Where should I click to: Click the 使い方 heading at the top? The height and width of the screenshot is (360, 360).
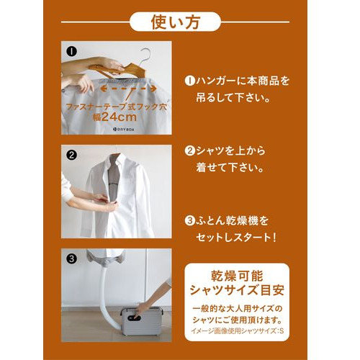click(x=175, y=22)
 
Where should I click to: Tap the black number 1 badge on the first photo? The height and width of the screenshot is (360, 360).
click(x=71, y=51)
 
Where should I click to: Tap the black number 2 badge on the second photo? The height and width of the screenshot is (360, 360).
click(x=71, y=155)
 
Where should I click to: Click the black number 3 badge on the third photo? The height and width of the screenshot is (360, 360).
click(x=71, y=258)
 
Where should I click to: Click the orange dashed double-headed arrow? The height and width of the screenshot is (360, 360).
click(x=128, y=89)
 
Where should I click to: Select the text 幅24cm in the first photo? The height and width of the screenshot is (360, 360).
click(x=114, y=117)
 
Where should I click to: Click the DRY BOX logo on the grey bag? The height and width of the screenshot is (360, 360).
click(x=123, y=129)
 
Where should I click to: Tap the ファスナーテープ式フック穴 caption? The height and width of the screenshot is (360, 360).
click(x=116, y=107)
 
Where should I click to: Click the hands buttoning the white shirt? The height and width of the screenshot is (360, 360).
click(x=108, y=202)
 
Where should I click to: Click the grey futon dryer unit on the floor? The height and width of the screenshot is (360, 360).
click(x=141, y=322)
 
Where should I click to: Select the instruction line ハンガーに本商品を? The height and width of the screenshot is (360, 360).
click(x=237, y=81)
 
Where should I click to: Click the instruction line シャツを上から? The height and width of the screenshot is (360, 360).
click(x=225, y=150)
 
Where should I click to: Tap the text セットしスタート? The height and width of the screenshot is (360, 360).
click(x=236, y=238)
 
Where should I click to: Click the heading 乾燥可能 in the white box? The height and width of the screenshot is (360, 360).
click(x=237, y=276)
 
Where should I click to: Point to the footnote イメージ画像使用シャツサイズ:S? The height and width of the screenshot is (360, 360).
click(x=238, y=331)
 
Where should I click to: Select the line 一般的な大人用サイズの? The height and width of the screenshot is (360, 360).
click(x=238, y=308)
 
